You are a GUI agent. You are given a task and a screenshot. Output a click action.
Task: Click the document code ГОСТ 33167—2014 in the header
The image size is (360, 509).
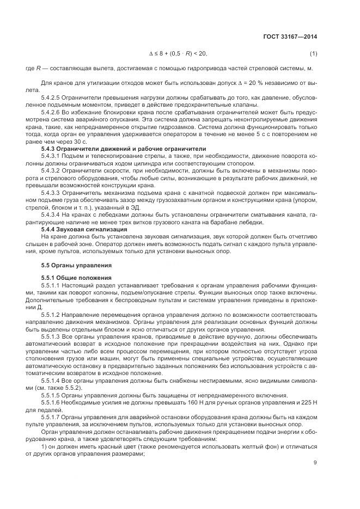coord(289,36)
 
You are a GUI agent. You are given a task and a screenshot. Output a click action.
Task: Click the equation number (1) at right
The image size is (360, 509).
coord(313,53)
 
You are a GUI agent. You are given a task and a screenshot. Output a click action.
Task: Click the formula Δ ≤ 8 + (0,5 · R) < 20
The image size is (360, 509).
coord(178,53)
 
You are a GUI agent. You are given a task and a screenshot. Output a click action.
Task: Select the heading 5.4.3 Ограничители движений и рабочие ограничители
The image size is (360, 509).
coord(124,148)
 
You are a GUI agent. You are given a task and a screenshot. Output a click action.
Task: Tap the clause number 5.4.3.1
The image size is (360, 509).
coord(52,155)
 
